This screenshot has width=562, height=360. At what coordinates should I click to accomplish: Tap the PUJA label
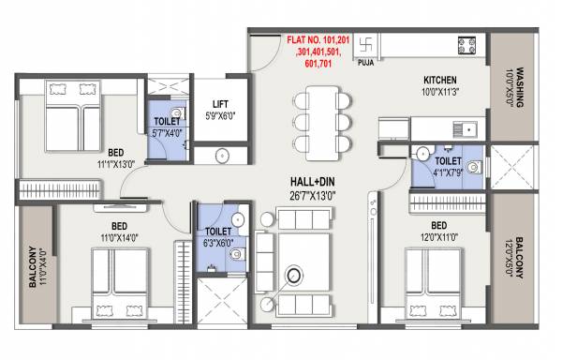pyautogui.click(x=365, y=65)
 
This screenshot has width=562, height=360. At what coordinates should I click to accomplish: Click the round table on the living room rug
pyautogui.click(x=296, y=276)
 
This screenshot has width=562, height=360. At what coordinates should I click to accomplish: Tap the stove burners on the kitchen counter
pyautogui.click(x=466, y=45)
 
